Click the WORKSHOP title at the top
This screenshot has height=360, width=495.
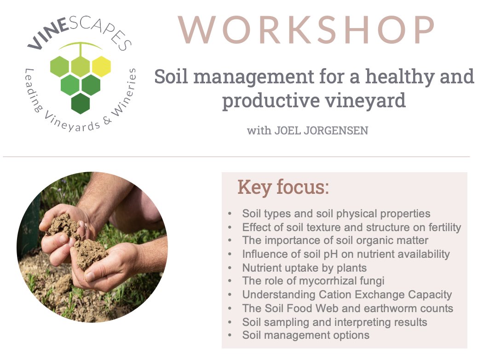[306, 30]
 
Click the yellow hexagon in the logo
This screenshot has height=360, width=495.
[101, 66]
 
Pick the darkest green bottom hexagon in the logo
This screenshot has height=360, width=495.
[81, 103]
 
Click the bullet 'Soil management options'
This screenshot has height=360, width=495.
[305, 335]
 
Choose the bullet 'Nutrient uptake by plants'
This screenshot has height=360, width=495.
[304, 267]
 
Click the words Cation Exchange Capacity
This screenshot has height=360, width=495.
[386, 295]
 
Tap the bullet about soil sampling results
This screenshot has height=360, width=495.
[334, 322]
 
